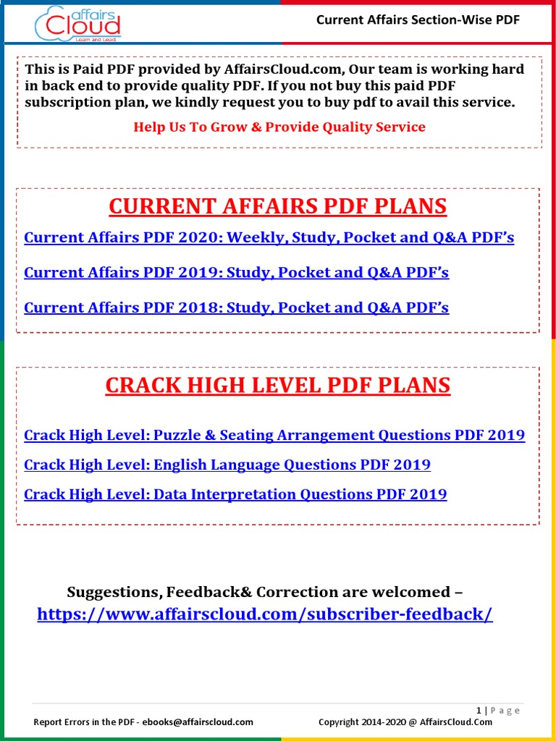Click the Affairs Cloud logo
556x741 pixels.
tap(77, 23)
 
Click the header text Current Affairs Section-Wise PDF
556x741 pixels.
tap(418, 20)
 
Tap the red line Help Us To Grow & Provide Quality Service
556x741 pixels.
tap(279, 127)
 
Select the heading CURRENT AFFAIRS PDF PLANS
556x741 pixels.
tap(278, 207)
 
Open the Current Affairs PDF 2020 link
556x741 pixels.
tap(269, 237)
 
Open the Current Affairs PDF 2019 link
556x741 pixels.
tap(236, 273)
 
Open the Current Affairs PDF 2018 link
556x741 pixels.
tap(236, 308)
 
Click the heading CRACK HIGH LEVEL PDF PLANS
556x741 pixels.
tap(278, 386)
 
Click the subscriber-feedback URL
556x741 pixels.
tap(265, 614)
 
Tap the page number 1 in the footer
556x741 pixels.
tap(479, 711)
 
